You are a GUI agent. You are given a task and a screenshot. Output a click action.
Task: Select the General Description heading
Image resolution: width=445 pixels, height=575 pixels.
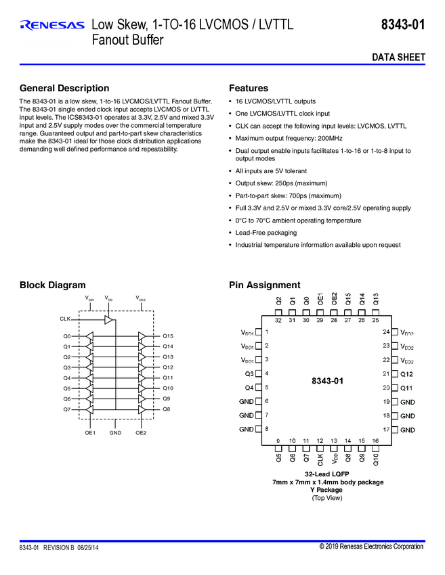(64, 88)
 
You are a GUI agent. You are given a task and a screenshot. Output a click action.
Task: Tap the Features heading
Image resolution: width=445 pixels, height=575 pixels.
(249, 88)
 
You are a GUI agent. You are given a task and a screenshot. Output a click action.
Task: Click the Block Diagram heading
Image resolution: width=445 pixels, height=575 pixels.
(53, 285)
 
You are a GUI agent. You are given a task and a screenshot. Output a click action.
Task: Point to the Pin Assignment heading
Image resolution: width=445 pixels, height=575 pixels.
(264, 285)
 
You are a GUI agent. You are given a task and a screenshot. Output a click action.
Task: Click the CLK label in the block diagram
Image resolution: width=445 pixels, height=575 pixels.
(65, 318)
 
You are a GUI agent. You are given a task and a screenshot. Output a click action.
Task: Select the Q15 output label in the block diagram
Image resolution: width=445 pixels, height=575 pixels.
(168, 336)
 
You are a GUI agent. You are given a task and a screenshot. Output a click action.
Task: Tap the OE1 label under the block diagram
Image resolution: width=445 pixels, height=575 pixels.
(90, 432)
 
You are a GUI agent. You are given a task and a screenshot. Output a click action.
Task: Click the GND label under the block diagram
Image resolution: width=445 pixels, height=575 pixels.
(115, 432)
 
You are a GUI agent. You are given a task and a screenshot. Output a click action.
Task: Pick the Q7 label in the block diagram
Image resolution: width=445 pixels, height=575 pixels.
(66, 409)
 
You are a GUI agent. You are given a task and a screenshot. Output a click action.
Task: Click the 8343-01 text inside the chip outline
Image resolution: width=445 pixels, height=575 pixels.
(327, 381)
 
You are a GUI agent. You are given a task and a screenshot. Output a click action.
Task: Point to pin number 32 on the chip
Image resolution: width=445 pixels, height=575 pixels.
(278, 320)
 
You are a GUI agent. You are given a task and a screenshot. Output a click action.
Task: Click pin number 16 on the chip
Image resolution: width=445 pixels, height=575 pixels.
(375, 441)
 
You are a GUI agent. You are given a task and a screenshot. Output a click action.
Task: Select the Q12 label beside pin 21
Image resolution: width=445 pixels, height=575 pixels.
(406, 374)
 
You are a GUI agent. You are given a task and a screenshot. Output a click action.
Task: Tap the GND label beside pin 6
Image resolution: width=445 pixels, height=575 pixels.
(247, 402)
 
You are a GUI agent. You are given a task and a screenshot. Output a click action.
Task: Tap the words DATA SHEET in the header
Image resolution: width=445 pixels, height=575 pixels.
(399, 57)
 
